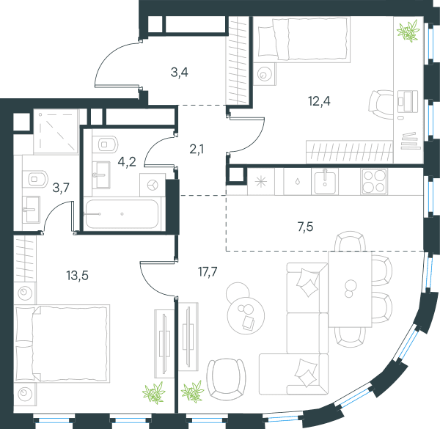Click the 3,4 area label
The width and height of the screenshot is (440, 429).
[x=180, y=73]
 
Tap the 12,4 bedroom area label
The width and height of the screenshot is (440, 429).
[x=319, y=101]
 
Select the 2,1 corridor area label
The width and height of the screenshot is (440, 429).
[x=197, y=150]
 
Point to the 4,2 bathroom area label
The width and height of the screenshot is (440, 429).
[x=127, y=162]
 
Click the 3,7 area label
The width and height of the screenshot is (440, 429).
[x=61, y=188]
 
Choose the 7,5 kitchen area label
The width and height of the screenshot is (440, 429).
[x=305, y=227]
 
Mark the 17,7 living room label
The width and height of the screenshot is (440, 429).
[x=208, y=271]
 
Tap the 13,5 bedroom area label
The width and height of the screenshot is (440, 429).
[x=78, y=276]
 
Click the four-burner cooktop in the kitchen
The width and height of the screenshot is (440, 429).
[x=374, y=182]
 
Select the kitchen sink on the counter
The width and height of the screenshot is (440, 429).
[x=325, y=182]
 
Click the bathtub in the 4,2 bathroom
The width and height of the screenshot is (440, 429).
[x=122, y=214]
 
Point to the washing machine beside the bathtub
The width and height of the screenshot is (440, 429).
[x=153, y=185]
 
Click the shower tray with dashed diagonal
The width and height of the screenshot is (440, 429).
[x=56, y=131]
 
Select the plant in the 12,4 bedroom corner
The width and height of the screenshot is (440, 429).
[x=408, y=31]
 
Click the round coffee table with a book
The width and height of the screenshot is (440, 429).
[x=246, y=315]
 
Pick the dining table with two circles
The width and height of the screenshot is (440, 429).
[x=350, y=289]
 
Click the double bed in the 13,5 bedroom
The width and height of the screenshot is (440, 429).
[x=62, y=344]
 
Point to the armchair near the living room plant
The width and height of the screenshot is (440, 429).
[x=226, y=379]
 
